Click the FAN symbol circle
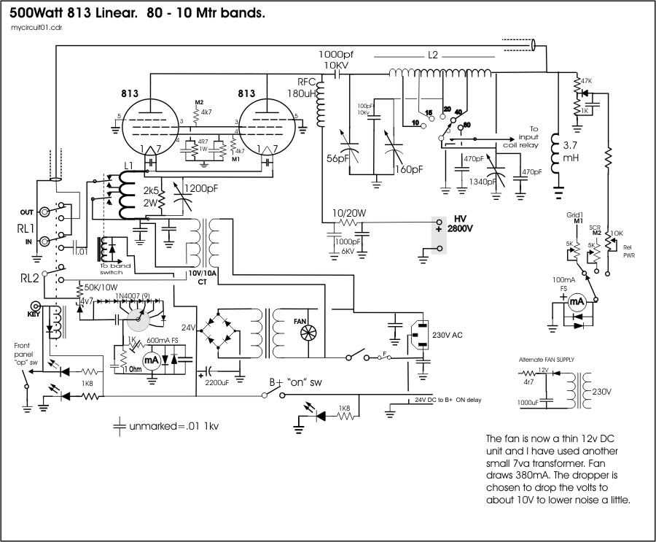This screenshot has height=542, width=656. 305,333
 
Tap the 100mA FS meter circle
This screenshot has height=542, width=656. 575,301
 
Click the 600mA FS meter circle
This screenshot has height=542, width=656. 152,360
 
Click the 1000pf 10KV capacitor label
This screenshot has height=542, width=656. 337,60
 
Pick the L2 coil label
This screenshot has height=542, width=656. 433,55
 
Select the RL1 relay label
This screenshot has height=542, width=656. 26,228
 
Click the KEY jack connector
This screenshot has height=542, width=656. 33,307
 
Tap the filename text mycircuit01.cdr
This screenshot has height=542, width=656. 32,28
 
